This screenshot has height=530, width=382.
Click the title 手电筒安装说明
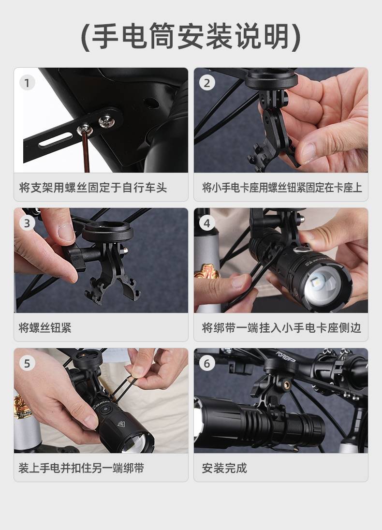[191, 36]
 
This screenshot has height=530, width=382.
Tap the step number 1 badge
[28, 83]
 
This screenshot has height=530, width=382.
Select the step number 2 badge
[207, 83]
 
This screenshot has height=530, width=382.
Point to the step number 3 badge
[28, 223]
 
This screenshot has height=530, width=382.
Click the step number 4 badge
[207, 223]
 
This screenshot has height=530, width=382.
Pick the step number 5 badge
[28, 363]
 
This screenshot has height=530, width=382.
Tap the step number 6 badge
[207, 363]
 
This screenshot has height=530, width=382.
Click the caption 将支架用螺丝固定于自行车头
[93, 187]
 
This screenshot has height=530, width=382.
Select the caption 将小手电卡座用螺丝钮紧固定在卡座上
[282, 187]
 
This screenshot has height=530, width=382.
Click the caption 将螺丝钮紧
[45, 327]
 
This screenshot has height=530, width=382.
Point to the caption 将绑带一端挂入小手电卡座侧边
[281, 327]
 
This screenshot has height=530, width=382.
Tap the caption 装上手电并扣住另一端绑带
[81, 468]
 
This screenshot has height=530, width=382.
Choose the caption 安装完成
[224, 468]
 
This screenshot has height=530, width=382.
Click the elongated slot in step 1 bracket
[56, 140]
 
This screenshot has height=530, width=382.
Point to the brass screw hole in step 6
[287, 384]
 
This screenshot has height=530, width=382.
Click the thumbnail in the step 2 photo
[310, 150]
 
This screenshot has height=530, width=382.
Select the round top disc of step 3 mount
[107, 232]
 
